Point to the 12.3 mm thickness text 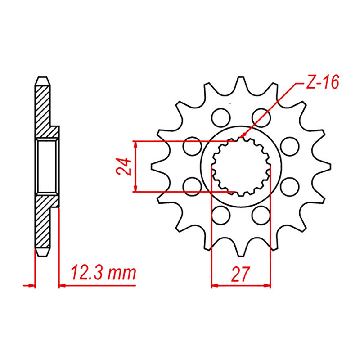(x=103, y=272)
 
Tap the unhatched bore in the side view (x=46, y=166)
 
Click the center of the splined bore (x=241, y=167)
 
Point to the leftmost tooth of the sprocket (x=156, y=167)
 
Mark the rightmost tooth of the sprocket (x=327, y=167)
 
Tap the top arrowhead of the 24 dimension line (x=135, y=144)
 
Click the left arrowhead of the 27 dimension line (x=214, y=285)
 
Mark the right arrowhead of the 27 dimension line (x=268, y=285)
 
